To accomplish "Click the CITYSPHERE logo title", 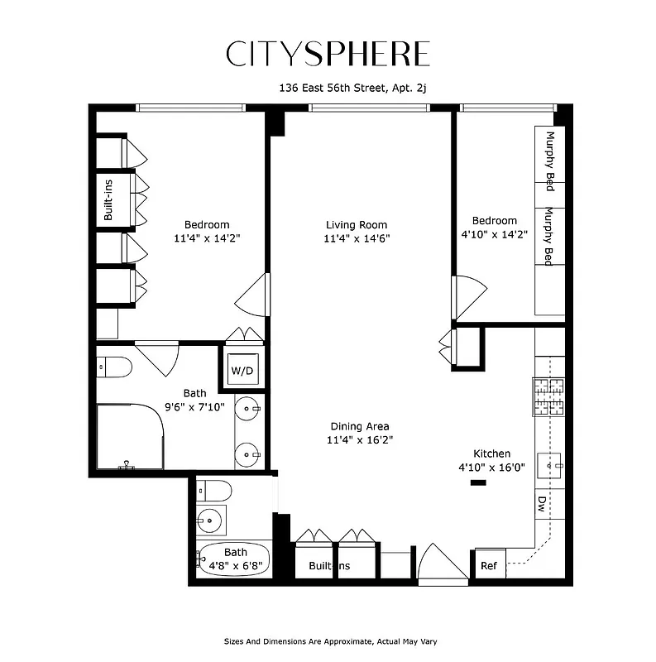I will click(x=328, y=54).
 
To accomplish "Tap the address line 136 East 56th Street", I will click(x=357, y=88).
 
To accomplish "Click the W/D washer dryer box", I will click(x=241, y=369).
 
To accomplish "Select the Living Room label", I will click(x=356, y=225).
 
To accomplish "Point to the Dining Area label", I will click(x=359, y=427).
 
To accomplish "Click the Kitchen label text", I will click(x=491, y=453).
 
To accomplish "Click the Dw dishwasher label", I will click(x=543, y=504).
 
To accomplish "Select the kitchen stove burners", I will click(x=548, y=396).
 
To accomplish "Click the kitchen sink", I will click(x=550, y=466).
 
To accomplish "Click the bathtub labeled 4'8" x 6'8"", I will click(x=235, y=559).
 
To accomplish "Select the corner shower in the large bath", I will click(x=127, y=436).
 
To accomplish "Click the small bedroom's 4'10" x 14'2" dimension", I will click(x=494, y=234).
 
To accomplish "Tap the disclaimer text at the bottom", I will click(x=330, y=641).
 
